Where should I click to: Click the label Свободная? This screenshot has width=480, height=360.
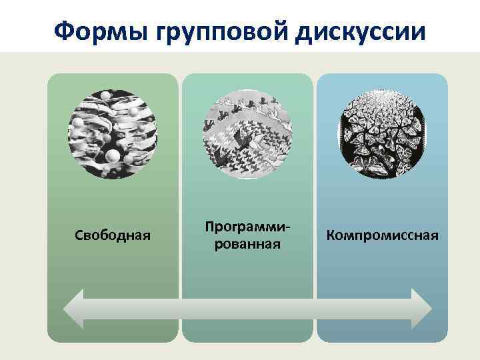click(113, 236)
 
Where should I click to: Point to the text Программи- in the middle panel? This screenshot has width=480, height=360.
click(247, 227)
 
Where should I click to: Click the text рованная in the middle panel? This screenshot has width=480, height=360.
click(247, 245)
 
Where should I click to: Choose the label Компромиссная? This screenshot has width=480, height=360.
click(382, 236)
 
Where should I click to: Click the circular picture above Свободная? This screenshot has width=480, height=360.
click(113, 134)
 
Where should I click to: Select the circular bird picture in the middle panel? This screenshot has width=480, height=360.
click(247, 134)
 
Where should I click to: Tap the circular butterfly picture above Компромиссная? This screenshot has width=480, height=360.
click(382, 134)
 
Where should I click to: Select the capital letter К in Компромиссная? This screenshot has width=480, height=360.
click(330, 236)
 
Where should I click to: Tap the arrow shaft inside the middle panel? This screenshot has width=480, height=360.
click(247, 309)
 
